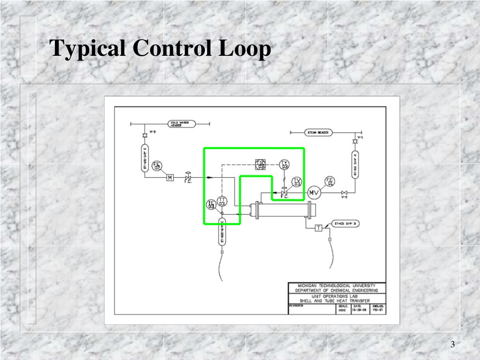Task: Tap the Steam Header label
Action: (317, 133)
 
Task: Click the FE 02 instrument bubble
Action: (157, 166)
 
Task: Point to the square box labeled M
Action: (170, 177)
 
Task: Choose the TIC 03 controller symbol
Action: (261, 164)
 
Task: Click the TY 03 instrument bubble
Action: (285, 165)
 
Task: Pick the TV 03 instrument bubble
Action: (297, 182)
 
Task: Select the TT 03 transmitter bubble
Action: (222, 202)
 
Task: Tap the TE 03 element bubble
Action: (211, 204)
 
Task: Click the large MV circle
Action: (313, 193)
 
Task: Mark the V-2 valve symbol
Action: (345, 193)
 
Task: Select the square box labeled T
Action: (318, 228)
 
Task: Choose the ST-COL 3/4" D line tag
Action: (345, 224)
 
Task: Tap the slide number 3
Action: (453, 345)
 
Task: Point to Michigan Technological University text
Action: (336, 285)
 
